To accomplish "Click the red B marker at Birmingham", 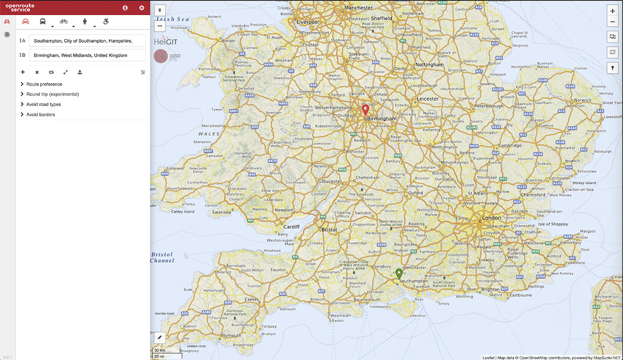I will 365,110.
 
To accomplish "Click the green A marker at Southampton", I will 398,274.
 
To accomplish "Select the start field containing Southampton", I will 87,41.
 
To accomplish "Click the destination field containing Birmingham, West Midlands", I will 87,55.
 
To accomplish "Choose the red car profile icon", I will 26,22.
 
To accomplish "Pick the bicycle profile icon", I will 64,22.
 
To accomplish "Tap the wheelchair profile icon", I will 106,22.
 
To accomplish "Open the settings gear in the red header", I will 142,8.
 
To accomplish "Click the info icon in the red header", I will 125,8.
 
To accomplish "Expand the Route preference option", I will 44,84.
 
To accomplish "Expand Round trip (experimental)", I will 52,94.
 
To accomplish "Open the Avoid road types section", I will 43,104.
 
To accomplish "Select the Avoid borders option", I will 40,114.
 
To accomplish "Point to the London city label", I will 491,218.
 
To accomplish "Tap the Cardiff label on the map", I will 291,227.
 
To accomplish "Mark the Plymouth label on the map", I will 231,336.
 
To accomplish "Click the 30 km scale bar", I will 160,350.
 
